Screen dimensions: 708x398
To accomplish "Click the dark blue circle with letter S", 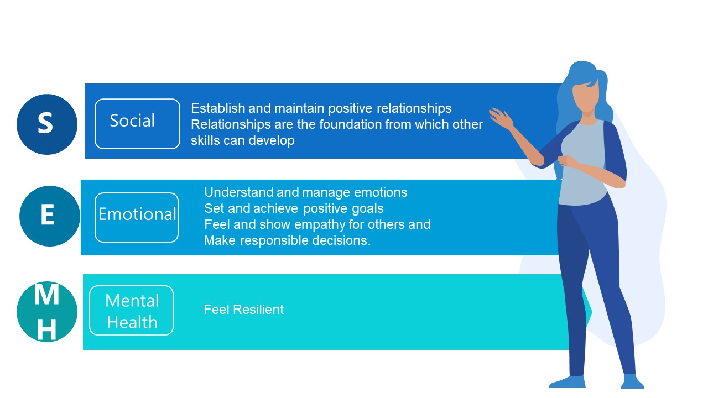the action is pos(47,124).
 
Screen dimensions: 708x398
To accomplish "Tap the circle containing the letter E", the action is pos(50,216).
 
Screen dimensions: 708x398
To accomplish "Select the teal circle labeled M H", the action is pos(47,312).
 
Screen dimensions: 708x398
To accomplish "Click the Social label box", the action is pos(138,124).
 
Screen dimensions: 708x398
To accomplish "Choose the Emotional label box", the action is pos(137,218).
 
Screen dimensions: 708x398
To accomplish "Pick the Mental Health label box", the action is pos(132,311).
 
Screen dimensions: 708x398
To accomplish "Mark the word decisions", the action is pos(341,240).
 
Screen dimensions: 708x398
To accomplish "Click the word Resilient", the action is pos(258,310).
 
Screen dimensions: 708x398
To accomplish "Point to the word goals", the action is pos(368,209).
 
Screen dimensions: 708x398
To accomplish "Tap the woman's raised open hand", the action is pos(501,119).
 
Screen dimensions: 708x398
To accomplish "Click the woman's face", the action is pos(586,96).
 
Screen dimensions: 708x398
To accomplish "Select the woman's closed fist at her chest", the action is pos(567,161).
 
